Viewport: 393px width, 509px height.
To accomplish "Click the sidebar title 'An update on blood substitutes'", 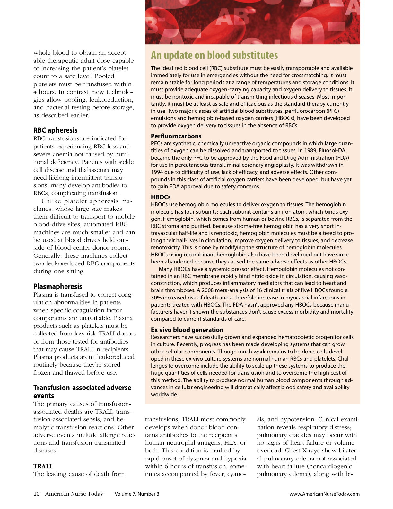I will click(214, 55).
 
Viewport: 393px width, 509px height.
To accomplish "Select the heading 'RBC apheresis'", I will click(55, 130).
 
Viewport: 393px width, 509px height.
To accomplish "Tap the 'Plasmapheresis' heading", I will click(57, 286).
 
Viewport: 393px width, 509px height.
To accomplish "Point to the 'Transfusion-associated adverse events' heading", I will click(82, 391).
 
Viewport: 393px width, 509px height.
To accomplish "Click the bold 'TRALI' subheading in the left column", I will click(42, 466).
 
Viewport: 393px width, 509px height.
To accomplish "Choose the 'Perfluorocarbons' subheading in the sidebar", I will click(176, 136).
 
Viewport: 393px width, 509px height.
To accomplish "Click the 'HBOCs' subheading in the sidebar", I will click(161, 197).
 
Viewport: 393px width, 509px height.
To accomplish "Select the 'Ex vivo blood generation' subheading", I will click(187, 330).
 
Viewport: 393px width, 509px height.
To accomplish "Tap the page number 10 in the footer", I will click(37, 494).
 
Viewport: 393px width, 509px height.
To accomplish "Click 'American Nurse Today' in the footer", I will click(74, 494).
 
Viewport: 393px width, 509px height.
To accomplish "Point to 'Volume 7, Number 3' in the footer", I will click(137, 494).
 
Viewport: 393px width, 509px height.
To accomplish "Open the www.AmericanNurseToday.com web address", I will click(324, 494).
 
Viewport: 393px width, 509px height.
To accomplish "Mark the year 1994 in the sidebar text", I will click(157, 172).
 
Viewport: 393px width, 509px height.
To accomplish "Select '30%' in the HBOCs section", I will click(156, 298).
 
